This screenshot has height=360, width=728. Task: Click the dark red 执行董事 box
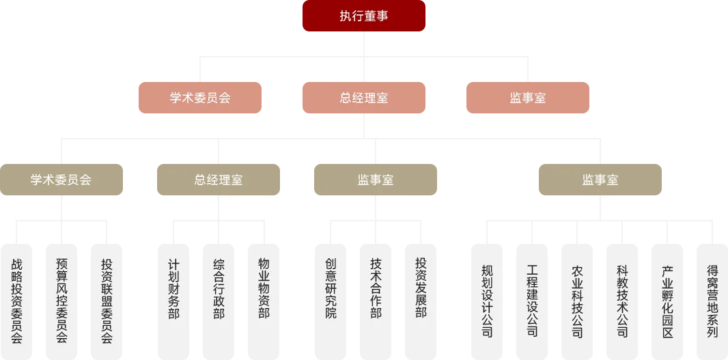point(363,16)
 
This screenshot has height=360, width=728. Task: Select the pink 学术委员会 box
point(199,98)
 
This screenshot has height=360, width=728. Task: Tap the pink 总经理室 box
point(363,98)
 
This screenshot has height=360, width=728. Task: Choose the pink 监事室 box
point(527,98)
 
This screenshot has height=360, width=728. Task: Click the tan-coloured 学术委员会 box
point(61,180)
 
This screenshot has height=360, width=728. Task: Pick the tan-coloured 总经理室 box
point(219,180)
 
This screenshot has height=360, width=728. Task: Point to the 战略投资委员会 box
point(17,299)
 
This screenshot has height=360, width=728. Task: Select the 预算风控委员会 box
point(61,299)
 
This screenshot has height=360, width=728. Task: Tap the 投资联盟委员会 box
point(107,299)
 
